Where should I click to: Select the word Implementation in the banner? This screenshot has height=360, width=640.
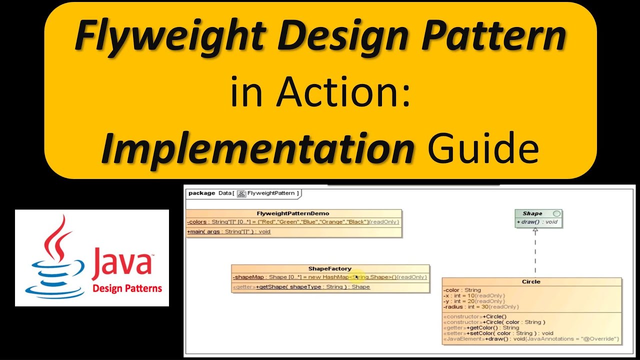tap(257, 148)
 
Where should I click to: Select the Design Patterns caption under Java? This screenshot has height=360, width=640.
tap(127, 288)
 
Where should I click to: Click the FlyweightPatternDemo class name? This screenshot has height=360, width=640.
tap(293, 213)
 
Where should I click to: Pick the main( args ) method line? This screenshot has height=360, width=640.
tap(228, 231)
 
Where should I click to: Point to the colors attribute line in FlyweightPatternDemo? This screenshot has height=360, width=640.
tap(293, 222)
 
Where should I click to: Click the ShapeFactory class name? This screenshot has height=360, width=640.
tap(330, 268)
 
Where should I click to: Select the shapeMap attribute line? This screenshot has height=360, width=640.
tap(329, 277)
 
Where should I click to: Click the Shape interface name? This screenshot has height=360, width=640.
tap(532, 213)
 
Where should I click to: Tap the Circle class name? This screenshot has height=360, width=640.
tap(531, 281)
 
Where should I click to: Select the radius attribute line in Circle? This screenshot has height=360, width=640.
tap(480, 307)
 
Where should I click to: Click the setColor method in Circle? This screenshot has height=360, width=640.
tap(498, 333)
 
